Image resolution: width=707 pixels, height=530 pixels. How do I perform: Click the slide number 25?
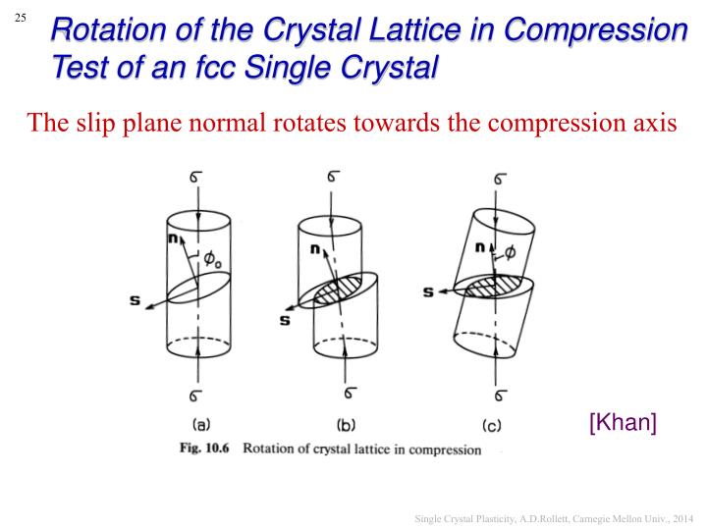click(21, 17)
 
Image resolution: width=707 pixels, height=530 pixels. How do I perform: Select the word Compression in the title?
click(597, 29)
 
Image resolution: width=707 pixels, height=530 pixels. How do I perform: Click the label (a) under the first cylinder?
click(199, 426)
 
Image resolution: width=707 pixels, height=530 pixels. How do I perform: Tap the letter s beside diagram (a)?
click(135, 299)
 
